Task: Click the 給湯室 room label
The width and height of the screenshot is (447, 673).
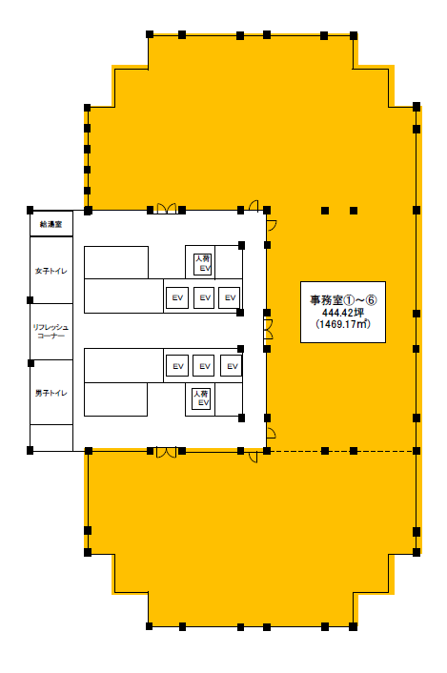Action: point(51,224)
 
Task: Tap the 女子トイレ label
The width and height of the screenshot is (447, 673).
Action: point(51,271)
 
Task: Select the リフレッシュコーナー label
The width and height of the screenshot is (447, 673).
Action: point(51,332)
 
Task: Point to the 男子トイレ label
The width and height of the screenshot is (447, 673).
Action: point(51,393)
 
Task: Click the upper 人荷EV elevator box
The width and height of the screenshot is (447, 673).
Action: point(202,263)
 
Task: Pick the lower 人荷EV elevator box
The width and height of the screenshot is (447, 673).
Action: point(201,398)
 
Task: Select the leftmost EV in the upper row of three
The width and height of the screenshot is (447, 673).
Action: point(177,297)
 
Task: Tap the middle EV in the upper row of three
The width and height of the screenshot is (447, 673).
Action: point(204,297)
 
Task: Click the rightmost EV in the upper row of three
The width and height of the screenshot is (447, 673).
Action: point(230,297)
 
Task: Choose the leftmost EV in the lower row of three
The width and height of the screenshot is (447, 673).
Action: point(177,366)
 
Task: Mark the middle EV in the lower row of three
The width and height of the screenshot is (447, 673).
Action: point(204,366)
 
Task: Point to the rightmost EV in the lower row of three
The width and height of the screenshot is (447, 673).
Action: point(232,366)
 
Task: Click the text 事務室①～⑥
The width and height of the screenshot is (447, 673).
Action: point(343,300)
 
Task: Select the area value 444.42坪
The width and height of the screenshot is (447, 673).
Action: point(343,313)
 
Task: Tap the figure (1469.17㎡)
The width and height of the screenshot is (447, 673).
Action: point(343,324)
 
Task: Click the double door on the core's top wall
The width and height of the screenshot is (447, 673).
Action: point(166,209)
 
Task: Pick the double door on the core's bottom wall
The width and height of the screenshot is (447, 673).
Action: point(166,453)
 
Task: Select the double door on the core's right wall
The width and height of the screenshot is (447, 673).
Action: point(269,330)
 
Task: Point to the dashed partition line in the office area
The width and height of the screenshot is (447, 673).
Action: point(341,451)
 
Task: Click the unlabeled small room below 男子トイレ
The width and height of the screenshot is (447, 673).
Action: point(51,438)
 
